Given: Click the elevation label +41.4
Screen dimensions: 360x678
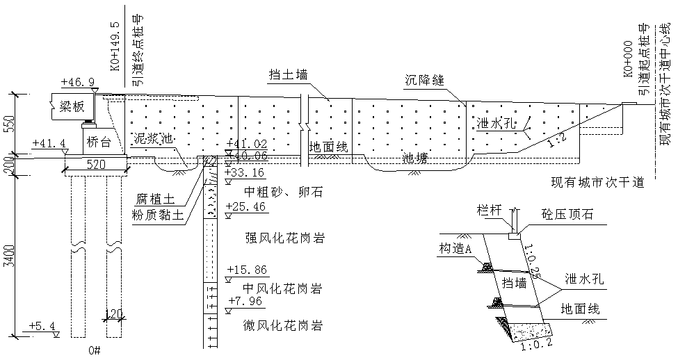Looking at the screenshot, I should click(x=49, y=144).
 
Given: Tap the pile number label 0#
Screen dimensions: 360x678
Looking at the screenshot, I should click(x=95, y=350).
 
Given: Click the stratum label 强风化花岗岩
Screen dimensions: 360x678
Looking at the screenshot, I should click(x=286, y=238).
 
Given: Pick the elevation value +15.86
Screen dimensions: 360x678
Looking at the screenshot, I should click(x=248, y=270).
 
